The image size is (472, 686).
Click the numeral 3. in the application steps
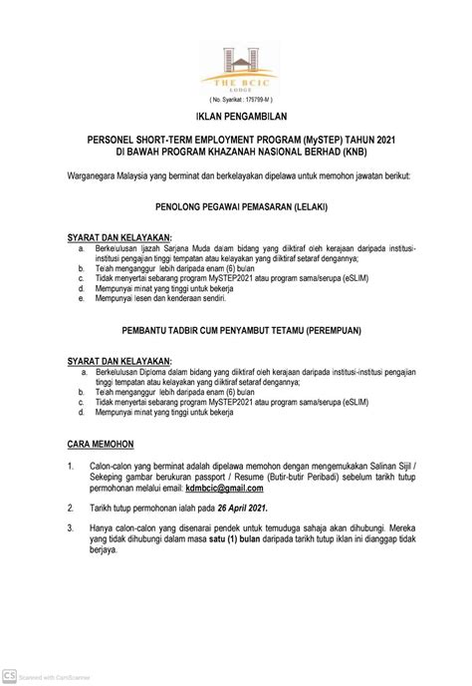point(70,524)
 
